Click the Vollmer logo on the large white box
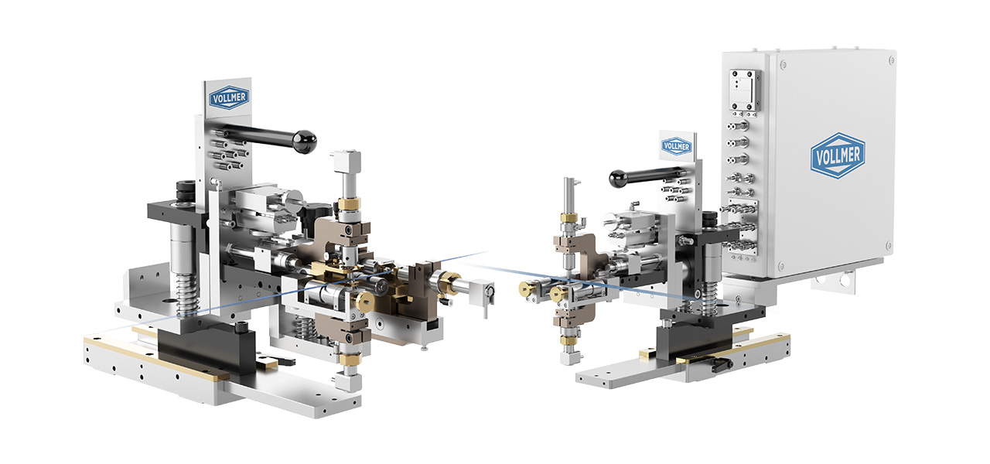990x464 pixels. coord(838,155)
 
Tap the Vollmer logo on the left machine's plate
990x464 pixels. coord(229,97)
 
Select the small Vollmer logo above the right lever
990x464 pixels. coord(676,146)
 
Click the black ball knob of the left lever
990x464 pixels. coord(305,142)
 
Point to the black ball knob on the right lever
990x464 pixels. coord(618,179)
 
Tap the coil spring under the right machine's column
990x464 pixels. coord(710,293)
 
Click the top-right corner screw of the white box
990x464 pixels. coord(892,60)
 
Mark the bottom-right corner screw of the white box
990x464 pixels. coord(889,246)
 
